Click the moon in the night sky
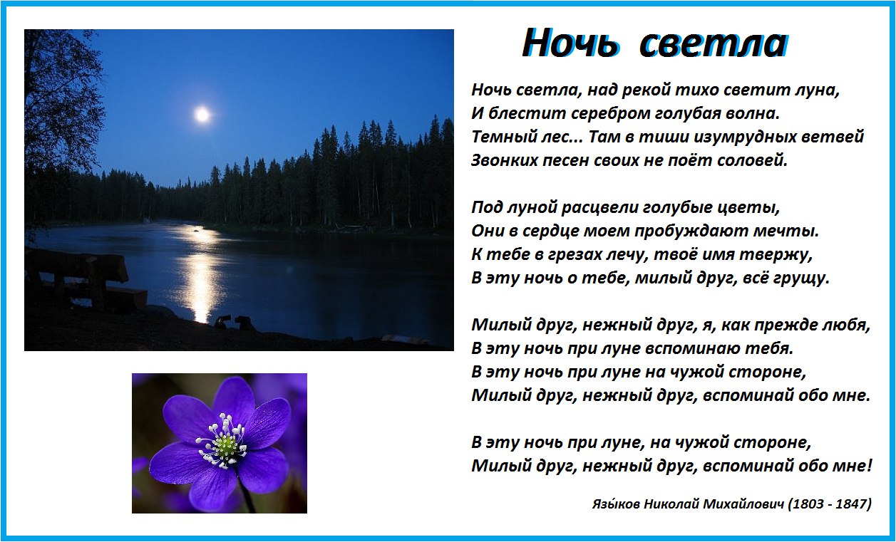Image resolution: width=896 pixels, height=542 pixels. pyautogui.click(x=202, y=115)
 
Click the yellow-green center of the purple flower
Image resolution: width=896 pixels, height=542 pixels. pyautogui.click(x=225, y=442)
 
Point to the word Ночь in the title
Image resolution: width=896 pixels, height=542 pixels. pyautogui.click(x=571, y=43)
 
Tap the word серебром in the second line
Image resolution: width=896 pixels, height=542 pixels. pyautogui.click(x=611, y=114)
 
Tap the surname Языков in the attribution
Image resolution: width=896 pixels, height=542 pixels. pyautogui.click(x=616, y=504)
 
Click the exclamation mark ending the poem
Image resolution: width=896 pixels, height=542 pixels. pyautogui.click(x=869, y=465)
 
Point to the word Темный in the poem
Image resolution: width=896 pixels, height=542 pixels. pyautogui.click(x=502, y=137)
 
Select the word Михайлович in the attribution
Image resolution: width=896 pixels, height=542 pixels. pyautogui.click(x=743, y=504)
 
